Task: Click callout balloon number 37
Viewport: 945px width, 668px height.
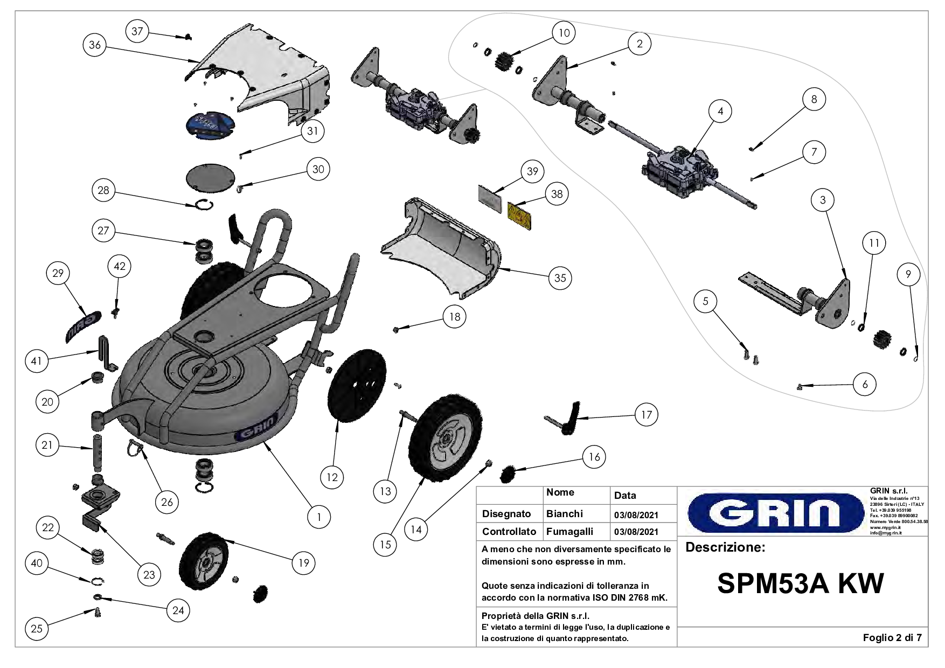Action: pos(137,31)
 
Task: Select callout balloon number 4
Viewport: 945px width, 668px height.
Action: pos(720,112)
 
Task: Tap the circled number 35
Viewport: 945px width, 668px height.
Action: pos(560,278)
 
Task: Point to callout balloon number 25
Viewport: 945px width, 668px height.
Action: pos(37,629)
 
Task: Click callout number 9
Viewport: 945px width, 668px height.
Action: pos(908,275)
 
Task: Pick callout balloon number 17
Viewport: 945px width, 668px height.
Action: pos(646,414)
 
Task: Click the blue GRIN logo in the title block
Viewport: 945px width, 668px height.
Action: pos(772,512)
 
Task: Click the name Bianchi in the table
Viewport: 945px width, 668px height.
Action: pos(564,514)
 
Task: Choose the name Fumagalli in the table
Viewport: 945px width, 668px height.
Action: pos(569,532)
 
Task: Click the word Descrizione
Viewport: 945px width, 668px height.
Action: pos(725,548)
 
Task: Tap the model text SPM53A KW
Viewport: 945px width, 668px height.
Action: pos(800,583)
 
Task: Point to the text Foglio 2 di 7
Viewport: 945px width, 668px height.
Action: pos(892,638)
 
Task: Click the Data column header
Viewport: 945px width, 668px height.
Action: pos(625,496)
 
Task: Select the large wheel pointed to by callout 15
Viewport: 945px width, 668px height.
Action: pos(445,436)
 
